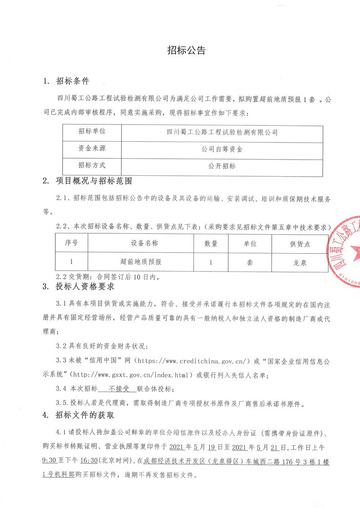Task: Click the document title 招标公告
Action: [x=186, y=50]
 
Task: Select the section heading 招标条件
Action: [x=72, y=81]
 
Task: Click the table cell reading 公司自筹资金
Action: [x=222, y=148]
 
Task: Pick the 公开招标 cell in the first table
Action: [x=222, y=165]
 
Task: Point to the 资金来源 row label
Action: [x=91, y=148]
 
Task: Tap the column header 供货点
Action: [x=300, y=243]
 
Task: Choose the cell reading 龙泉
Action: [x=300, y=261]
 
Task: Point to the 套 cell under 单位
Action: [x=250, y=261]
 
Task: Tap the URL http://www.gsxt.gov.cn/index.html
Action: [x=132, y=374]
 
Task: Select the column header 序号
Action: [x=72, y=243]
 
